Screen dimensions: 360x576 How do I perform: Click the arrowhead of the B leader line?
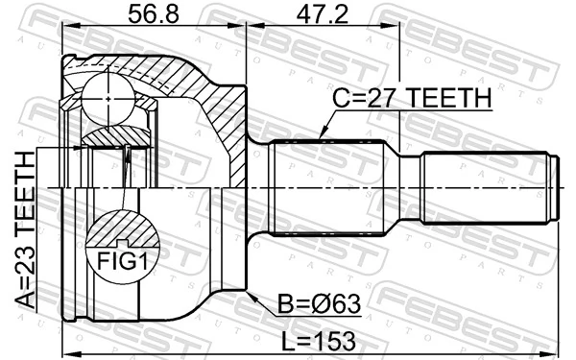pyautogui.click(x=249, y=295)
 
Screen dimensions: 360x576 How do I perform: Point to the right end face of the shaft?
pyautogui.click(x=559, y=186)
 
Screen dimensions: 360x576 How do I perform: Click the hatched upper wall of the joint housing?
pyautogui.click(x=192, y=81)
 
